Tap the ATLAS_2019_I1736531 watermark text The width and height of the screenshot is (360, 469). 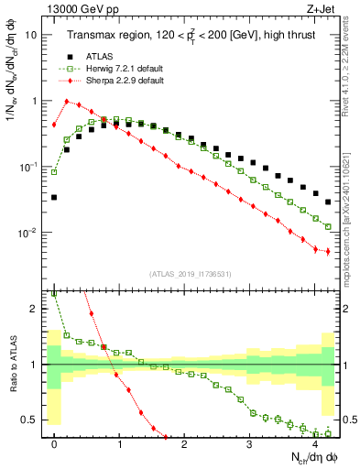point(194,273)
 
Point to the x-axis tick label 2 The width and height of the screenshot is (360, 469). point(185,442)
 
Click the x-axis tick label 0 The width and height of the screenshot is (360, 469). point(55,442)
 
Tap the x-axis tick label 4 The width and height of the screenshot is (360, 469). point(314,442)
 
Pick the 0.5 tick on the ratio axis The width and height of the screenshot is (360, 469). point(32,420)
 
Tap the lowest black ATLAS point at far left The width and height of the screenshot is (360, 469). point(54,197)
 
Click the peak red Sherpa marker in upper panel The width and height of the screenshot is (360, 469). point(67,102)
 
